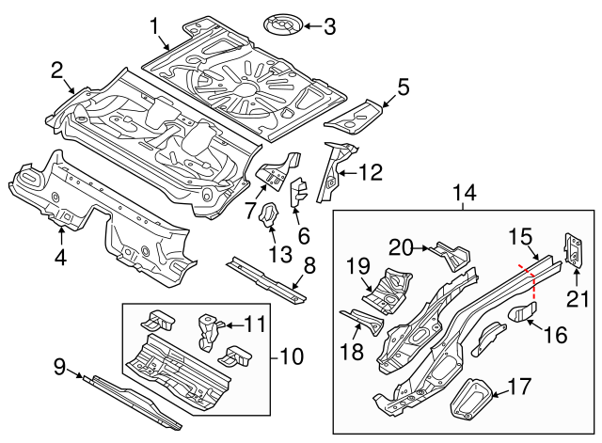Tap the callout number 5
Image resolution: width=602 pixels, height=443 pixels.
point(404,87)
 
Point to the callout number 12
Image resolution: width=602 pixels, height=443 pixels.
point(371,171)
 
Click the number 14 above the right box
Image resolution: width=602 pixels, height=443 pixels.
point(466,194)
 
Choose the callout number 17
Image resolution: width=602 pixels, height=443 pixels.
point(519,386)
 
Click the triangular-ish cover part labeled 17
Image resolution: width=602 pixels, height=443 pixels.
point(467,398)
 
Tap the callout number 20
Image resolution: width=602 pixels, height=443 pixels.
point(402,247)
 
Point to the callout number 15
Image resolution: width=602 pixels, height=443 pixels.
point(521,236)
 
